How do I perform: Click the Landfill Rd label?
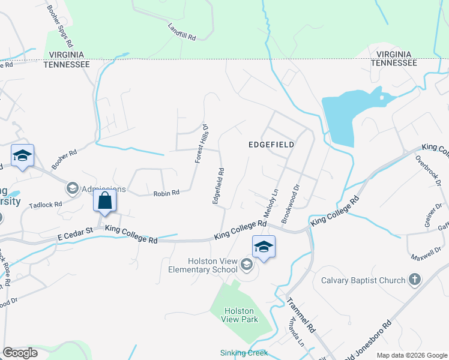click(x=182, y=32)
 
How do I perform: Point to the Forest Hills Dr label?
click(x=200, y=144)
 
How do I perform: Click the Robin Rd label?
click(x=166, y=193)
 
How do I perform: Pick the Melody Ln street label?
click(x=271, y=203)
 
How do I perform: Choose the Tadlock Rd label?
click(x=46, y=205)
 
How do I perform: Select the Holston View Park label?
click(x=240, y=315)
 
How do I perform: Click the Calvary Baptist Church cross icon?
click(x=414, y=280)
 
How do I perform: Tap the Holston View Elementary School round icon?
click(x=246, y=265)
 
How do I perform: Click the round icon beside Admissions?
click(x=72, y=189)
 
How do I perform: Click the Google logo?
click(x=20, y=353)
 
